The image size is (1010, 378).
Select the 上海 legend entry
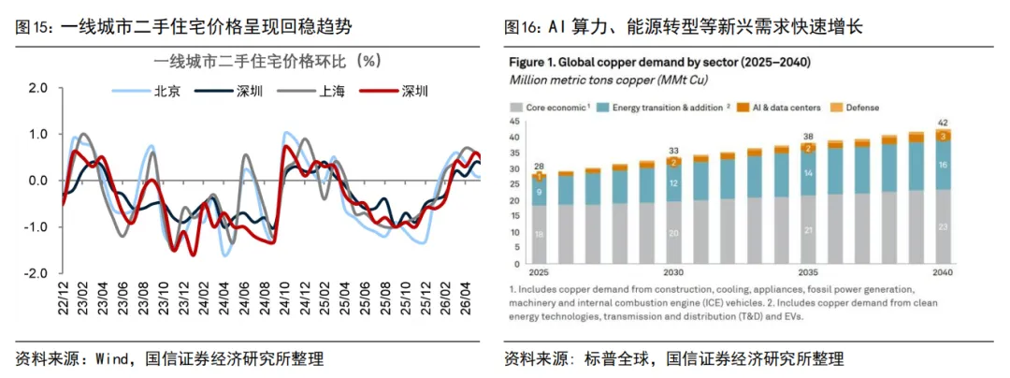pyautogui.click(x=316, y=92)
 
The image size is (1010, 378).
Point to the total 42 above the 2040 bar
pyautogui.click(x=942, y=123)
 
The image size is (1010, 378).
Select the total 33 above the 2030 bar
pyautogui.click(x=673, y=151)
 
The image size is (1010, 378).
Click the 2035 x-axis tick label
pyautogui.click(x=808, y=271)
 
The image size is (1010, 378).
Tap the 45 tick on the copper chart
pyautogui.click(x=514, y=122)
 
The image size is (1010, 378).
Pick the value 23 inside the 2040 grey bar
pyautogui.click(x=942, y=226)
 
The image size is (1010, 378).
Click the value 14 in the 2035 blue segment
pyautogui.click(x=808, y=174)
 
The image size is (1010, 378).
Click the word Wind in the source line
pyautogui.click(x=113, y=358)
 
